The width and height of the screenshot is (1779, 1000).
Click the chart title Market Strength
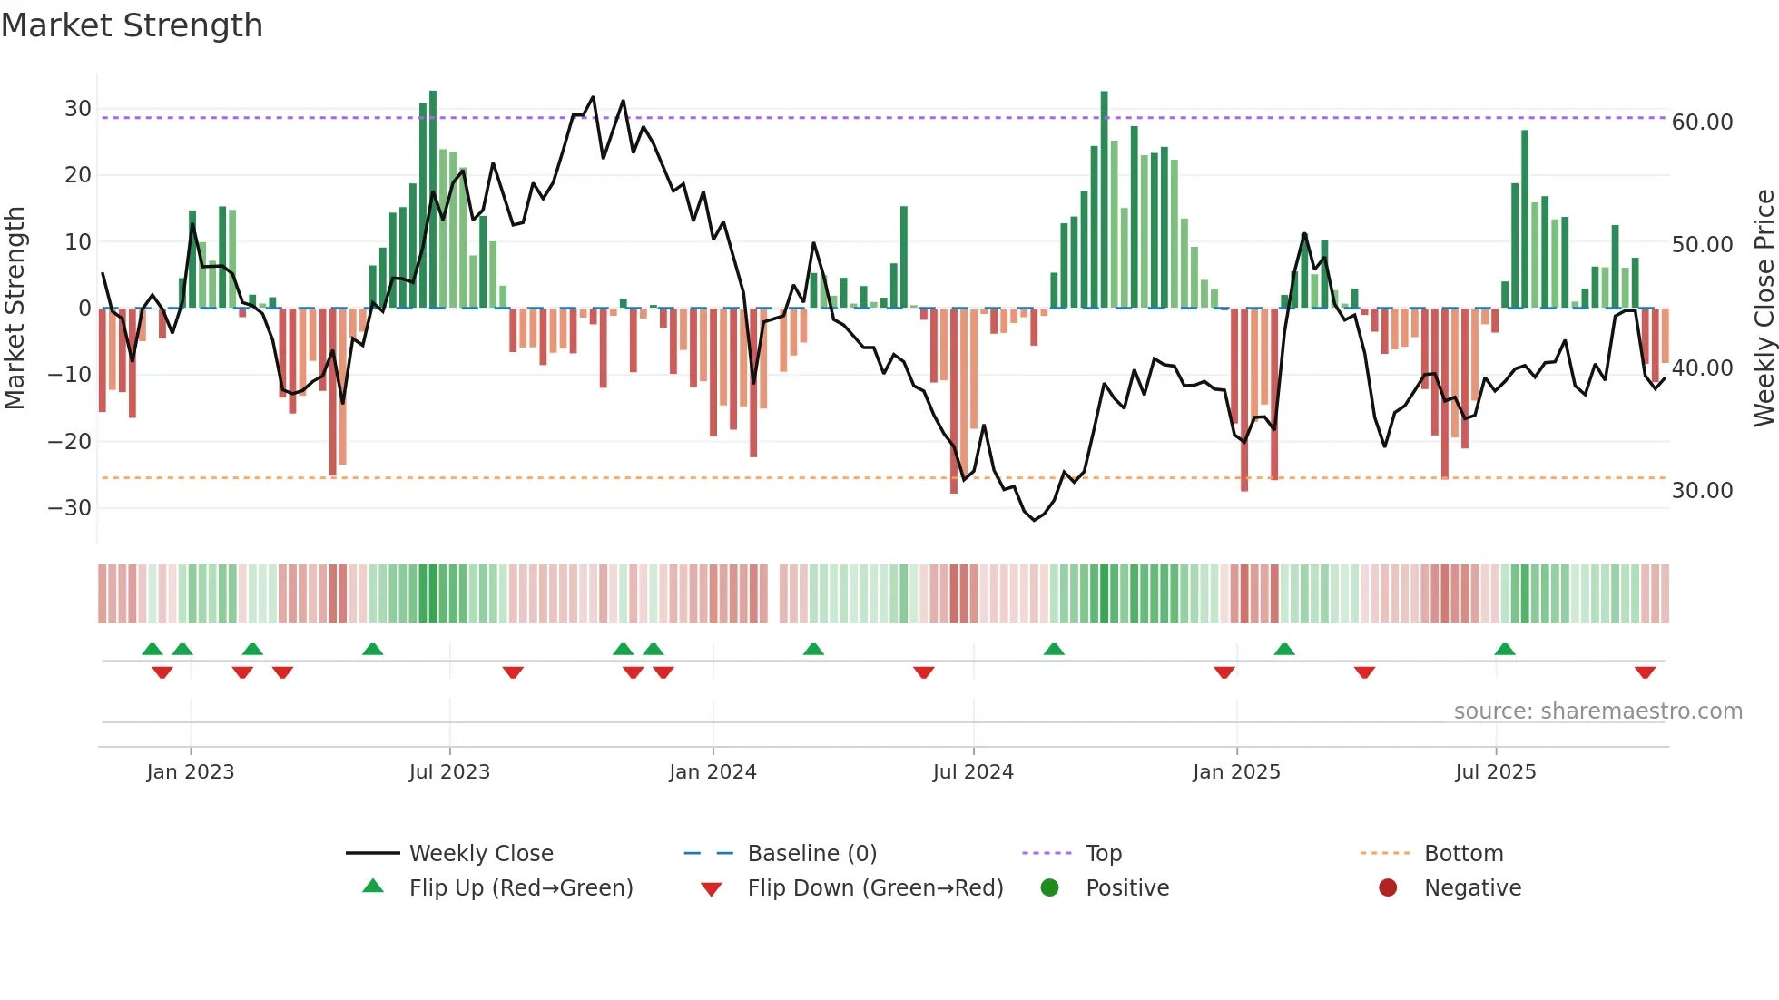[x=132, y=25]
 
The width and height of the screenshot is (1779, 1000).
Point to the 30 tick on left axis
[x=78, y=109]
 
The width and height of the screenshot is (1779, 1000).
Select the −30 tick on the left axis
[x=70, y=508]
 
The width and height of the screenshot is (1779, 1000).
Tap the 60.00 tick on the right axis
[x=1702, y=123]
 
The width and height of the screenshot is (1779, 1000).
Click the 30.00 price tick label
[x=1702, y=491]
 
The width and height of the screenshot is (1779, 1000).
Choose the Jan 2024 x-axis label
[x=713, y=772]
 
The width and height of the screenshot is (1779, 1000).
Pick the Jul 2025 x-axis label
[x=1495, y=772]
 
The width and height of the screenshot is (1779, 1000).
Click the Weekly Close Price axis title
[x=1764, y=309]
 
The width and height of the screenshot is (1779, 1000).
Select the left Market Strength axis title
[x=15, y=309]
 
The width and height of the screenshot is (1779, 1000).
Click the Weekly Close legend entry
[x=480, y=854]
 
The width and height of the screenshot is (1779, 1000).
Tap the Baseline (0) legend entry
[x=811, y=854]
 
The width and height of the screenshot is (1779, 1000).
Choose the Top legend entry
[x=1103, y=854]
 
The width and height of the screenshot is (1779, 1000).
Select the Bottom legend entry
[x=1463, y=854]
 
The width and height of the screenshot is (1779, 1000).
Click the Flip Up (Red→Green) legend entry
[x=520, y=888]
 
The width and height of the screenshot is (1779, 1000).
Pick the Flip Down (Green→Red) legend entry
[x=875, y=888]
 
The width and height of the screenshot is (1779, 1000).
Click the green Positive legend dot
[x=1050, y=888]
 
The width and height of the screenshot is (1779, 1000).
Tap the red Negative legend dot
[x=1388, y=888]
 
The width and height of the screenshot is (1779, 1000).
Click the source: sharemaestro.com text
[x=1597, y=711]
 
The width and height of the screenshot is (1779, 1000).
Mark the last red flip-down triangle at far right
[x=1645, y=672]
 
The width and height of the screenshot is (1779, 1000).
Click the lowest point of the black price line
[x=1034, y=520]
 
